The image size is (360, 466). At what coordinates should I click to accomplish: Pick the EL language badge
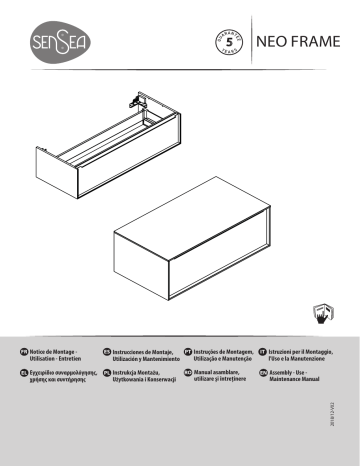pyautogui.click(x=23, y=375)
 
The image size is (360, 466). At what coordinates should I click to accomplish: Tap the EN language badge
pyautogui.click(x=262, y=375)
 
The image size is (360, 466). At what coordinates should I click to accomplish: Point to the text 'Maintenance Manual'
pyautogui.click(x=300, y=382)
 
